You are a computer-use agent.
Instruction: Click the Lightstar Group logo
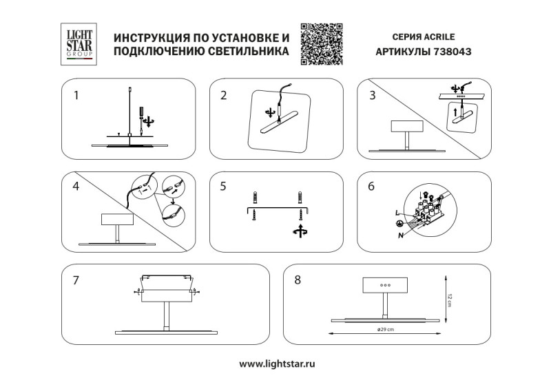tap(78, 43)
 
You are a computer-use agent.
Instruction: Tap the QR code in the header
tap(322, 43)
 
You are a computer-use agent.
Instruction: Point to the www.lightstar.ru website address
tap(277, 362)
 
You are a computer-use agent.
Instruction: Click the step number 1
tap(76, 96)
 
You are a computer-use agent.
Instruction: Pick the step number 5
tap(223, 187)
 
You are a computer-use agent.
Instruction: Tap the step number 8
tap(298, 280)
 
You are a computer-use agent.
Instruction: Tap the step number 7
tap(76, 280)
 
